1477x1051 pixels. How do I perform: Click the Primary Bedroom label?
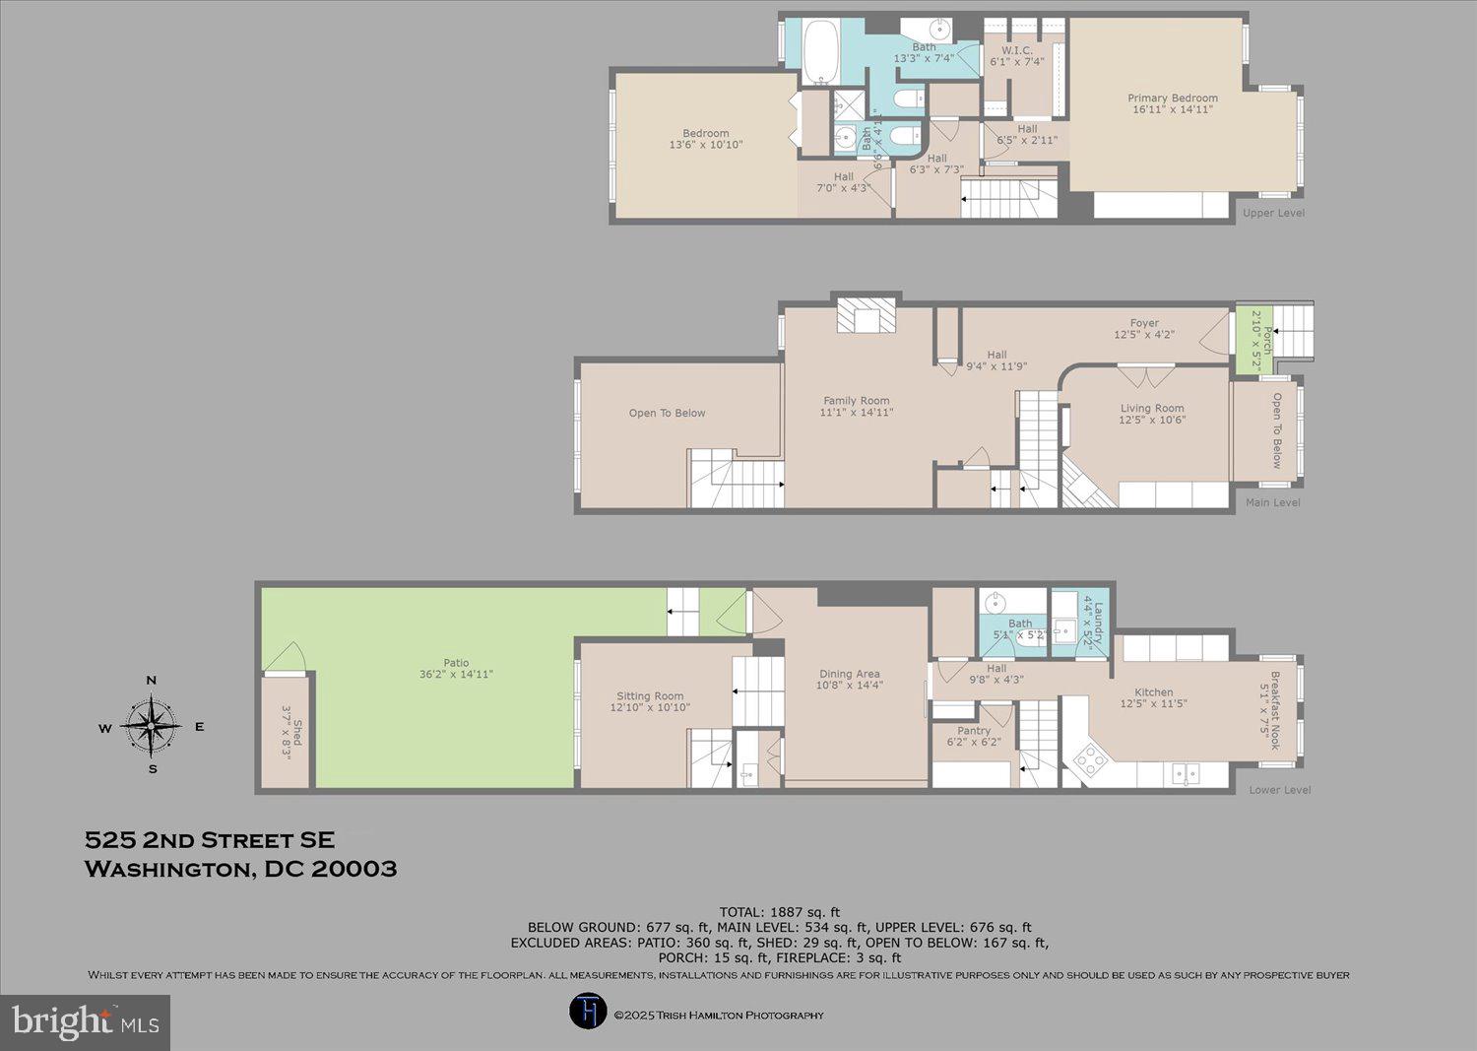pos(1172,99)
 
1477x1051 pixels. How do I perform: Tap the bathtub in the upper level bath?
pos(820,51)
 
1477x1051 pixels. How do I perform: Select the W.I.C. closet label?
pos(1016,50)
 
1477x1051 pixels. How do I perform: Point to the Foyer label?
pos(1143,323)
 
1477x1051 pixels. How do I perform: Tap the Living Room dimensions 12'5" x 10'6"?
pos(1151,420)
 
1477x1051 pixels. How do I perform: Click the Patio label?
pos(456,663)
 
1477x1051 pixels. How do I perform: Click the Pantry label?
pos(973,731)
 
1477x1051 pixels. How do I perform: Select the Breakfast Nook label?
pos(1273,709)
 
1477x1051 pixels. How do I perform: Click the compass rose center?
pos(151,726)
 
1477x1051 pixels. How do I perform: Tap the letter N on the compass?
pos(151,681)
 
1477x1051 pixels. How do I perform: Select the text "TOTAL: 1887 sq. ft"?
pos(779,912)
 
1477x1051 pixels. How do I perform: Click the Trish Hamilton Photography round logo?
pos(588,1012)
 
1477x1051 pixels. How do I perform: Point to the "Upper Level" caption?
pos(1272,213)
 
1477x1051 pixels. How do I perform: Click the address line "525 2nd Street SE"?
pos(210,840)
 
